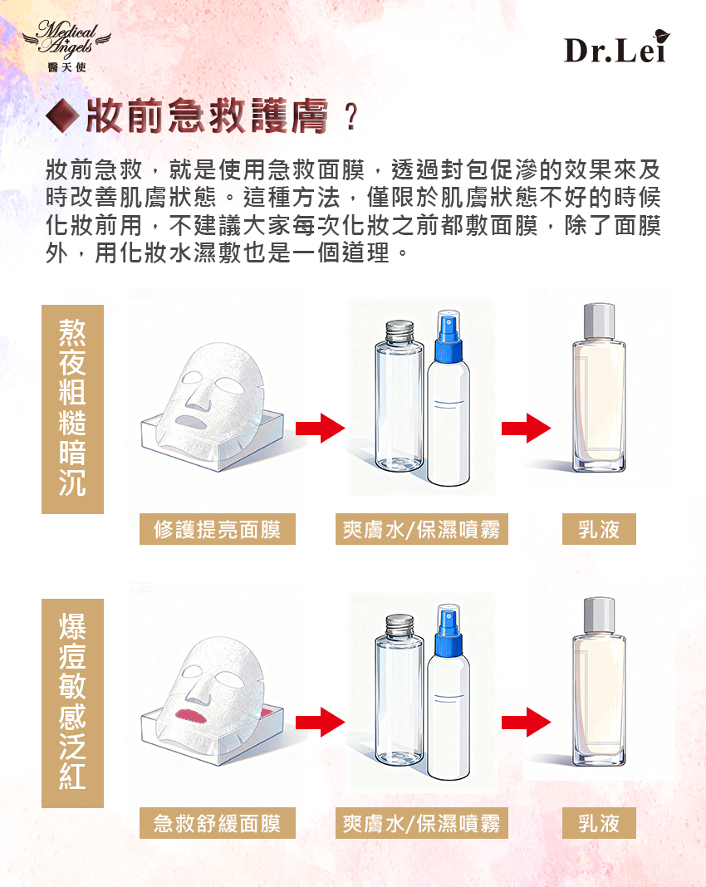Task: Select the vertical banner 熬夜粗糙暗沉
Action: coord(72,409)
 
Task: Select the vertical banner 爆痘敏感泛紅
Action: coord(72,703)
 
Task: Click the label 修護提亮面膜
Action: coord(218,529)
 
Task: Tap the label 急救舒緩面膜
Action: coord(218,823)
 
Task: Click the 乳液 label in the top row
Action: coord(599,529)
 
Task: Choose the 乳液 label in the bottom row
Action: coord(599,823)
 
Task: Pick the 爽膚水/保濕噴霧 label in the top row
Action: coord(422,529)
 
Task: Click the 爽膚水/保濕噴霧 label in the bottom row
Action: coord(422,823)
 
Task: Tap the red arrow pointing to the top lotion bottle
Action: coord(526,429)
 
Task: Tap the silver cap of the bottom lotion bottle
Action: coord(599,615)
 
